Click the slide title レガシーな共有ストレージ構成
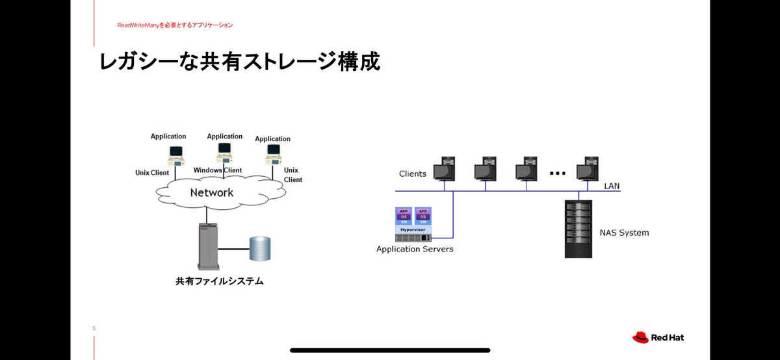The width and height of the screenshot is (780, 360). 239,62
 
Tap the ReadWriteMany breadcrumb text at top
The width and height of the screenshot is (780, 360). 175,25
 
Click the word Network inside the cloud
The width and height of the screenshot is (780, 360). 211,192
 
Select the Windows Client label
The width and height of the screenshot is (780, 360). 217,170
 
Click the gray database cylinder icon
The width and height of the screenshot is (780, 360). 260,248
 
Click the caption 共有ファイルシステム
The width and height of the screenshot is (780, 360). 219,281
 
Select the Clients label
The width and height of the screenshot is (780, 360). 413,174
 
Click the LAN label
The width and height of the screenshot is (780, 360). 612,186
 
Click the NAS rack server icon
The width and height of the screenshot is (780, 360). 578,229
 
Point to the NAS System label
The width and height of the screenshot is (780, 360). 623,233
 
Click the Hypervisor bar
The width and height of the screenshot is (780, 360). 414,229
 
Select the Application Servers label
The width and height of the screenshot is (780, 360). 415,249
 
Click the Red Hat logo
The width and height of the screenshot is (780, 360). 658,337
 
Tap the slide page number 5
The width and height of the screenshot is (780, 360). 94,329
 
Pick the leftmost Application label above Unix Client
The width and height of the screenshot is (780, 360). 168,136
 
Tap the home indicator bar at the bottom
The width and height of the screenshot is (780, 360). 390,350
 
